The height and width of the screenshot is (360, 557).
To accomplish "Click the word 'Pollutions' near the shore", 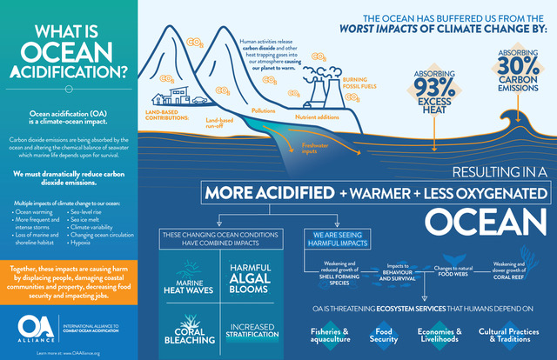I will [263, 111].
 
